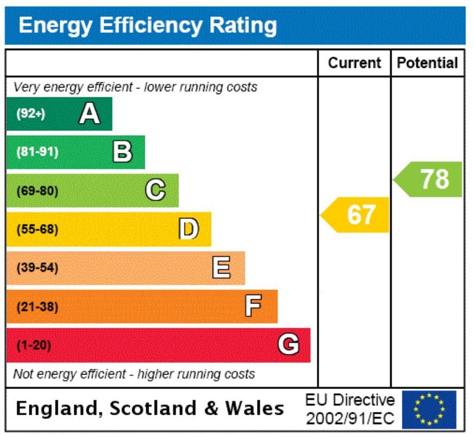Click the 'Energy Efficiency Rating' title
click(x=147, y=25)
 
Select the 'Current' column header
click(x=354, y=63)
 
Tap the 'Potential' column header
click(x=428, y=63)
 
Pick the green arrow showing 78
click(x=429, y=179)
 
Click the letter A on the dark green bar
click(x=89, y=114)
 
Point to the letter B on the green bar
click(x=122, y=152)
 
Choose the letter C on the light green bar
click(x=156, y=191)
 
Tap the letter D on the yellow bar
click(x=188, y=229)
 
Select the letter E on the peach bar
click(x=222, y=268)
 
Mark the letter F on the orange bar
click(x=254, y=306)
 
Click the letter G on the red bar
click(x=288, y=345)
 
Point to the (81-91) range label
click(x=37, y=152)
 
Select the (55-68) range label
click(x=37, y=229)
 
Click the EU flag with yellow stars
click(x=429, y=409)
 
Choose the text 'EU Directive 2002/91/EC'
click(x=350, y=409)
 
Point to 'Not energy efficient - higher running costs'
click(x=134, y=374)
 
